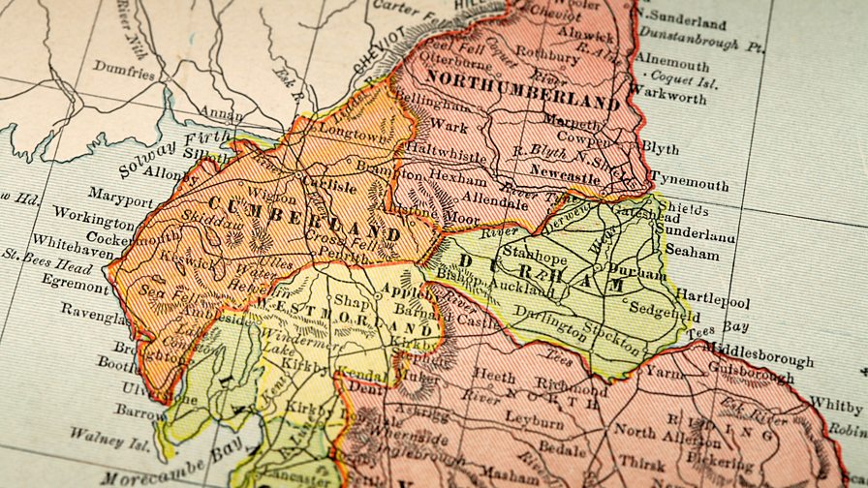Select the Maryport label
point(120,202)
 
